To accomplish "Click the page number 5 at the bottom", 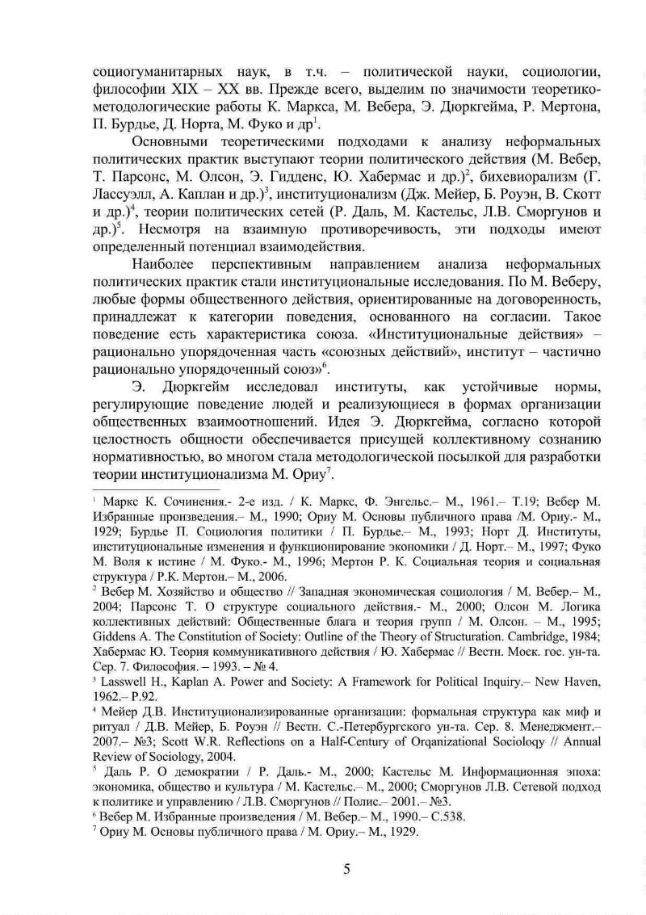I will click(346, 870).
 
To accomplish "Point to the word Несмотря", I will click(169, 229).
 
